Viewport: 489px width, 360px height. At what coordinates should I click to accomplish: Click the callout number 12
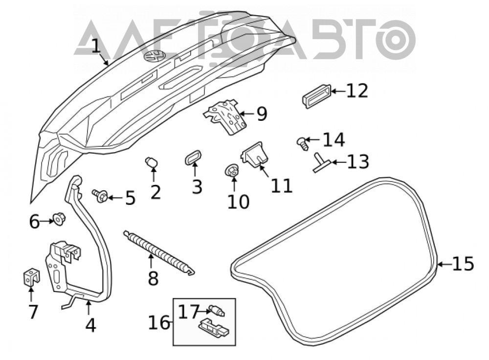click(357, 91)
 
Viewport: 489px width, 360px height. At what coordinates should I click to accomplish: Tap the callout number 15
click(463, 264)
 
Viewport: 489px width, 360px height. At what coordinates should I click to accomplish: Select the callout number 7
click(33, 312)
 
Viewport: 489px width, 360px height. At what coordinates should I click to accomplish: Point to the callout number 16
click(159, 322)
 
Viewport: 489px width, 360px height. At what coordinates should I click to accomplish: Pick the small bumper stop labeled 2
click(152, 162)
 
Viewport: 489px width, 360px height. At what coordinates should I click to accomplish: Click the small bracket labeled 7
click(31, 276)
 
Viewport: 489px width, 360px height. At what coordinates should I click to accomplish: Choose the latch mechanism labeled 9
click(225, 116)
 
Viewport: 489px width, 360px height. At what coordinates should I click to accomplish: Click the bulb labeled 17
click(217, 311)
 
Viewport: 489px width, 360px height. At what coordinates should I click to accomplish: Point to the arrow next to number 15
click(445, 264)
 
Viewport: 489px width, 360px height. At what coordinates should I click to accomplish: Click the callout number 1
click(97, 46)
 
